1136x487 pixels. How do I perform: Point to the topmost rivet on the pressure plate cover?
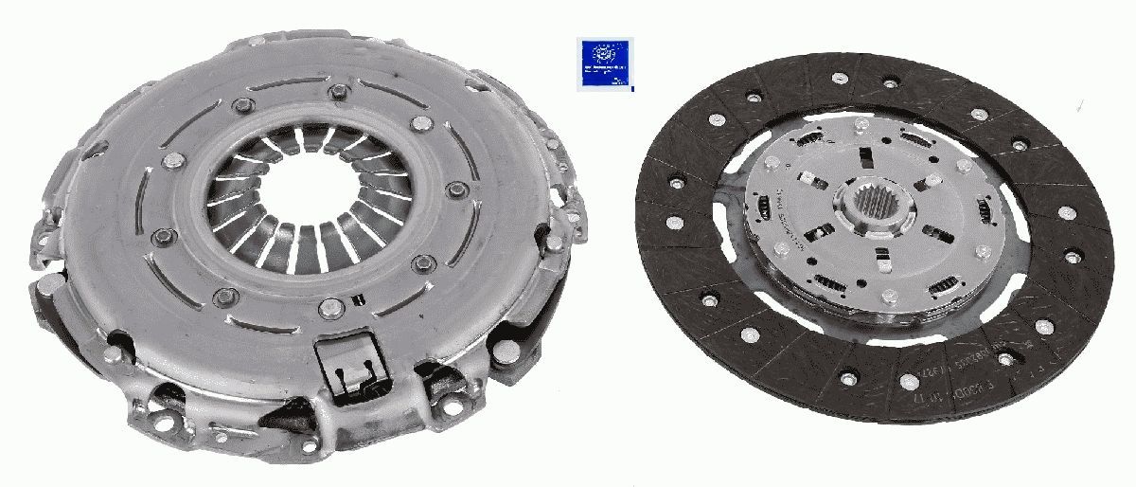338,92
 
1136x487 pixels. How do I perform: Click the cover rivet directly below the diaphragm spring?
329,306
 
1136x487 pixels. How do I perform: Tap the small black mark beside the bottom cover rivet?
356,301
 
